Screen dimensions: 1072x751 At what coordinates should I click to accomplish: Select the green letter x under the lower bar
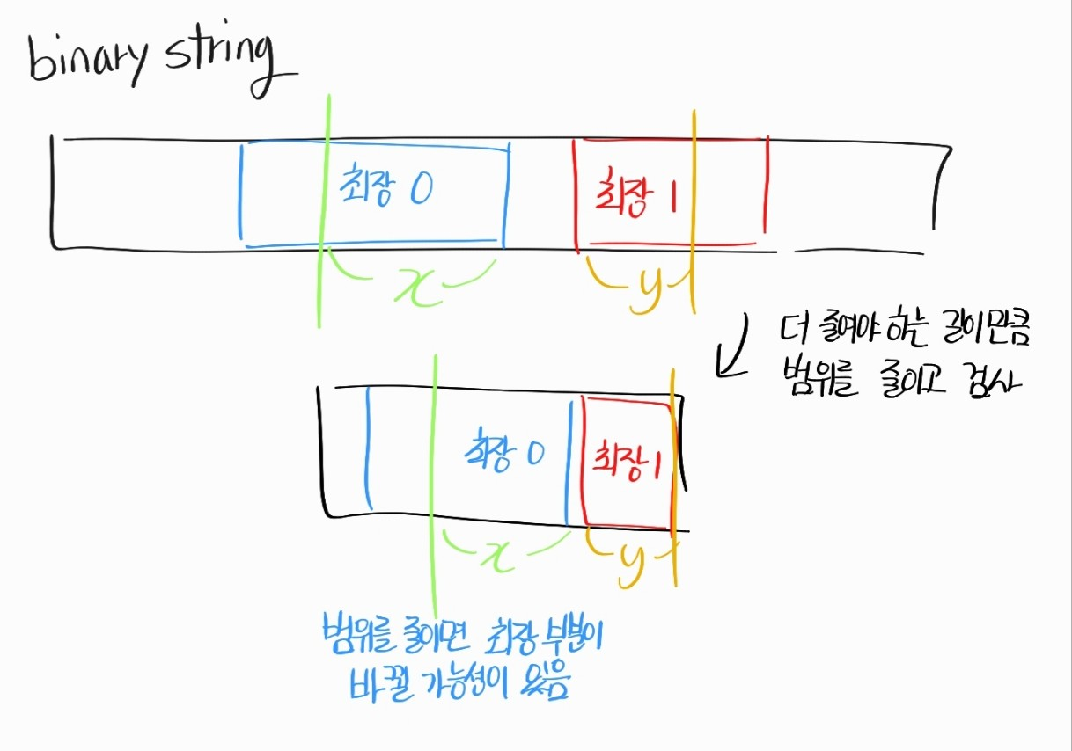(x=500, y=554)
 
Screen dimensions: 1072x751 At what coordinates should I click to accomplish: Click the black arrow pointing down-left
(x=733, y=347)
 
